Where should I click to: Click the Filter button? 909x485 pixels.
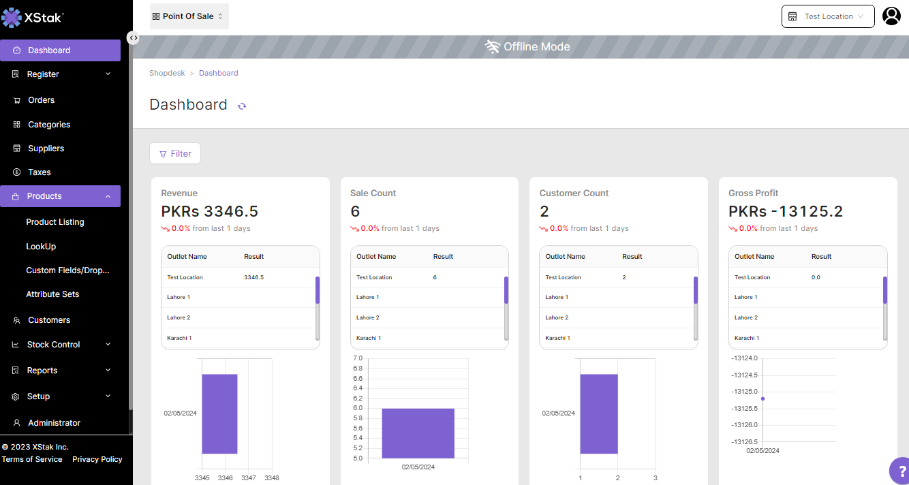point(175,153)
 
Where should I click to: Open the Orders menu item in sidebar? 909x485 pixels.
point(41,100)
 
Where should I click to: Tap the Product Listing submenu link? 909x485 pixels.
point(55,222)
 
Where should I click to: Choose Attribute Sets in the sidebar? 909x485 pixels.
point(52,294)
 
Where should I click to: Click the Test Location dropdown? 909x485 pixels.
point(828,16)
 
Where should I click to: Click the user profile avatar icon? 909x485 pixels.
point(891,16)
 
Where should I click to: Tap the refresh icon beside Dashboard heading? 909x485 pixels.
point(242,106)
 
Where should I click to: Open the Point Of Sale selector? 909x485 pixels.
point(189,16)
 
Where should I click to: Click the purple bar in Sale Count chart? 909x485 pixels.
point(418,433)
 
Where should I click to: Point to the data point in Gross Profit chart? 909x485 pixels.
point(762,398)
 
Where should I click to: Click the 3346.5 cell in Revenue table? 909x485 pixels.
point(253,277)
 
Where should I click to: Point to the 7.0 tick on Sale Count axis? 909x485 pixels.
point(357,358)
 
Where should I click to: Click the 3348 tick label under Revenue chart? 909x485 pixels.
point(271,478)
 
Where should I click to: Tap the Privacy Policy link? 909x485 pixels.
point(97,459)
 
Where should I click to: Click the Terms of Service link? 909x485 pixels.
point(32,459)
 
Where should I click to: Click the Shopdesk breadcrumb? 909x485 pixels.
point(167,73)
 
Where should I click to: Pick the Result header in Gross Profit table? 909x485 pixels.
point(821,257)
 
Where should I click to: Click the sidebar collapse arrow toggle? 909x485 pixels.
point(133,38)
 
